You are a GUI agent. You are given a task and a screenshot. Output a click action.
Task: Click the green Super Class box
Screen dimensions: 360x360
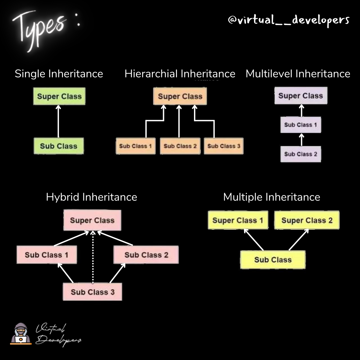coord(59,96)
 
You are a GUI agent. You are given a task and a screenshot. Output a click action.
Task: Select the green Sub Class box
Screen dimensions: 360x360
coord(59,146)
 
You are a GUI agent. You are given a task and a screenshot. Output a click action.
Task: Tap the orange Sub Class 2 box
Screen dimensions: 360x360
coord(180,146)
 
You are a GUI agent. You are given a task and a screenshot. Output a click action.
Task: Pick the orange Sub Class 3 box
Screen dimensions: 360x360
coord(224,146)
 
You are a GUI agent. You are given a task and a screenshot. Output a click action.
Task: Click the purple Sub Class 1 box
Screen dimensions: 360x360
coord(301,125)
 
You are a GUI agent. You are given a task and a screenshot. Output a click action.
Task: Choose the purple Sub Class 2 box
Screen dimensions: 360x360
coord(301,154)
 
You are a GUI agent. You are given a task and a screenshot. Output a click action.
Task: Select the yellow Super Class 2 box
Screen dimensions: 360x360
coord(307,220)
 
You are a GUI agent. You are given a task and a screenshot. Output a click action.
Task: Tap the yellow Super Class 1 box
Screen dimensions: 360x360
coord(238,220)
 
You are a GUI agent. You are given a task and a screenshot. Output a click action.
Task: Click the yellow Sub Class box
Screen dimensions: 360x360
coord(273,260)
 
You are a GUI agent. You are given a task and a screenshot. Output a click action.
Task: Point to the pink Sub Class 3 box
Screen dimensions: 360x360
coord(92,292)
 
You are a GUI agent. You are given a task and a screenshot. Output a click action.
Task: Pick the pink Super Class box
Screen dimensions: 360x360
coord(92,220)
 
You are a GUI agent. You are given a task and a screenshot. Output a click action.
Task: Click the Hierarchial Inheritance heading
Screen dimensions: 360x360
coord(180,74)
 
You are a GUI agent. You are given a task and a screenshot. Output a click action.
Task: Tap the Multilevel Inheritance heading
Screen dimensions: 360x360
coord(298,74)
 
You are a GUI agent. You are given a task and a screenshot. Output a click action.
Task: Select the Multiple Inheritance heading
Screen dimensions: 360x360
coord(271,197)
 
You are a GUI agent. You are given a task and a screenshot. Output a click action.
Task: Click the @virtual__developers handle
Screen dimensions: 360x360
coord(288,20)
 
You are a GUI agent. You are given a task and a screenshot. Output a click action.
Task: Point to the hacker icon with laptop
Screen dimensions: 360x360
coord(21,333)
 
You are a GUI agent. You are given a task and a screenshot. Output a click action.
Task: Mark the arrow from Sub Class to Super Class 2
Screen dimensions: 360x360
coord(299,239)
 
